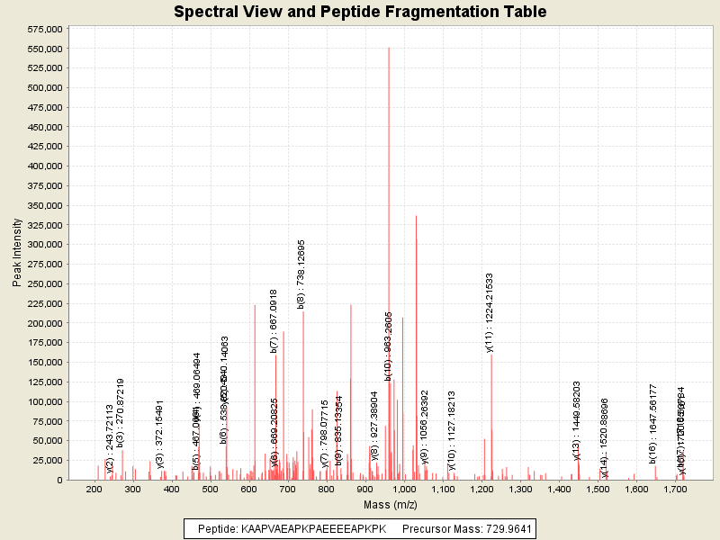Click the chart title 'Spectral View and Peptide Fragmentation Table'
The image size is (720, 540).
360,12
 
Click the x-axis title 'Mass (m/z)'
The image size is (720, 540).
389,505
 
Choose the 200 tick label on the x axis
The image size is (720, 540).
93,489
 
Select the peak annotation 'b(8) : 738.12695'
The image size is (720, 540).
302,274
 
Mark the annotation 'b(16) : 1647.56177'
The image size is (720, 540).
653,423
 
